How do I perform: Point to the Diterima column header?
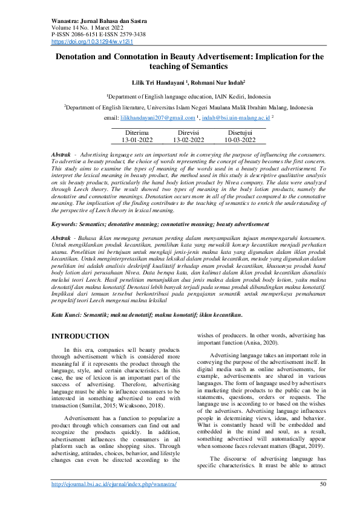pos(137,132)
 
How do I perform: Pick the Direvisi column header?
pos(188,132)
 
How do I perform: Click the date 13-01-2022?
pos(137,140)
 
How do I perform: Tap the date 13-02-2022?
pos(188,140)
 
